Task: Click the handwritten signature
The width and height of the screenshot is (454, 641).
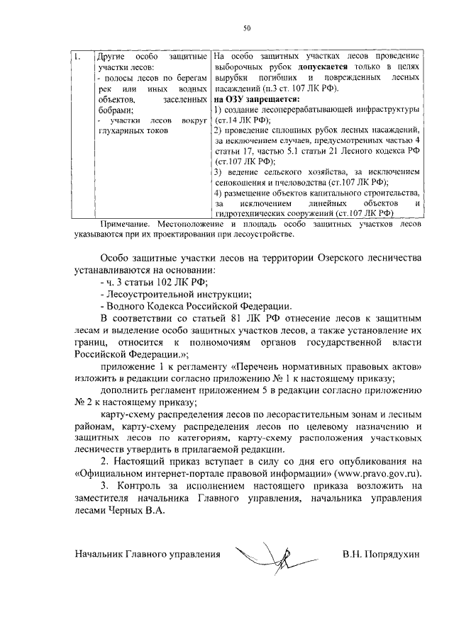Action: pos(270,550)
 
